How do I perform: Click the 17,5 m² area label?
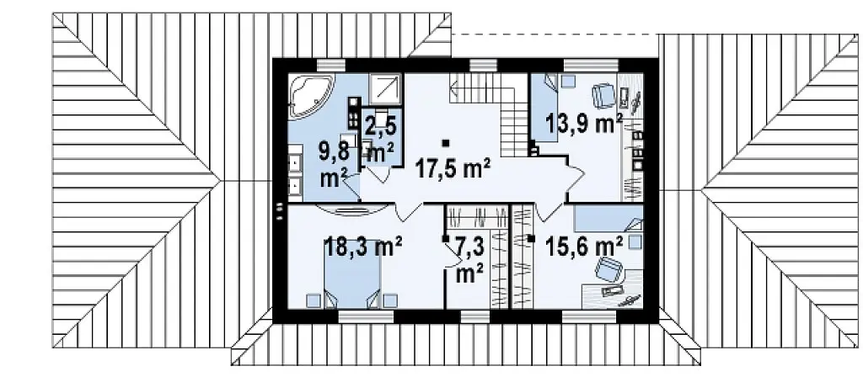pyautogui.click(x=453, y=169)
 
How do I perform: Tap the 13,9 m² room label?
pyautogui.click(x=584, y=123)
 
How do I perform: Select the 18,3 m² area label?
pyautogui.click(x=362, y=246)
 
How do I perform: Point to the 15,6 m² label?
pyautogui.click(x=585, y=245)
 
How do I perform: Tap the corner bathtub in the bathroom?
pyautogui.click(x=312, y=97)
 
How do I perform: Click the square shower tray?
pyautogui.click(x=386, y=89)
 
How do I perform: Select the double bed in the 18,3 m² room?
pyautogui.click(x=351, y=281)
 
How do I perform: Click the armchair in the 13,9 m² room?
pyautogui.click(x=603, y=96)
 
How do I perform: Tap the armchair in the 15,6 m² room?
pyautogui.click(x=608, y=271)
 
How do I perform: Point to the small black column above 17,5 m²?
pyautogui.click(x=445, y=143)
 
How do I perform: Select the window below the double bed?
pyautogui.click(x=366, y=316)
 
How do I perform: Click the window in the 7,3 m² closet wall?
pyautogui.click(x=475, y=316)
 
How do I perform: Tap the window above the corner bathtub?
pyautogui.click(x=332, y=65)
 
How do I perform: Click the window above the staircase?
pyautogui.click(x=483, y=65)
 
